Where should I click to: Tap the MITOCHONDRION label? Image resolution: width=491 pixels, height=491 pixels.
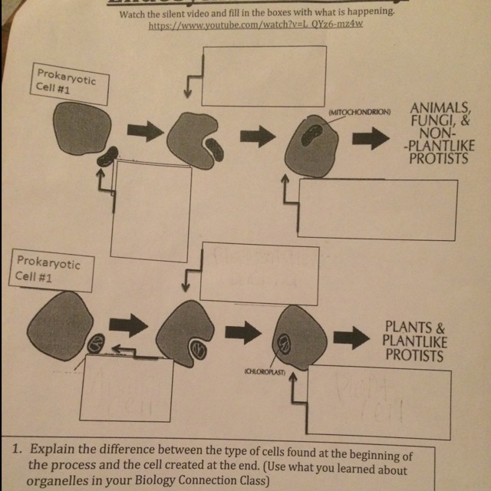(359, 112)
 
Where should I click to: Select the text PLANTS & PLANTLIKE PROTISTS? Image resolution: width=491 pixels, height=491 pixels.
(414, 340)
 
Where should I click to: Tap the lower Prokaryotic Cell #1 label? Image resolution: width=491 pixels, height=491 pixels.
(48, 270)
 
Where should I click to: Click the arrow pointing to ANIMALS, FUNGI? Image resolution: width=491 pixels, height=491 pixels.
(371, 137)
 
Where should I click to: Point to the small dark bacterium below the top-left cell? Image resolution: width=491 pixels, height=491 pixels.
(108, 157)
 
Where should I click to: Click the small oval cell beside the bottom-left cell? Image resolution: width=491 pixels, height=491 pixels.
(97, 343)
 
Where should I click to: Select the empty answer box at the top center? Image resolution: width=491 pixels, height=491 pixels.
(264, 74)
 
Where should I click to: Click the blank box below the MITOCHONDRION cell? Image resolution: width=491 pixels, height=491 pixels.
(377, 209)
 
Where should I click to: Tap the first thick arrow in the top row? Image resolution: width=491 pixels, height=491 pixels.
(145, 130)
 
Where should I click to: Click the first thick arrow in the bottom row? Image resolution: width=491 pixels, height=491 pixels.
(134, 326)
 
